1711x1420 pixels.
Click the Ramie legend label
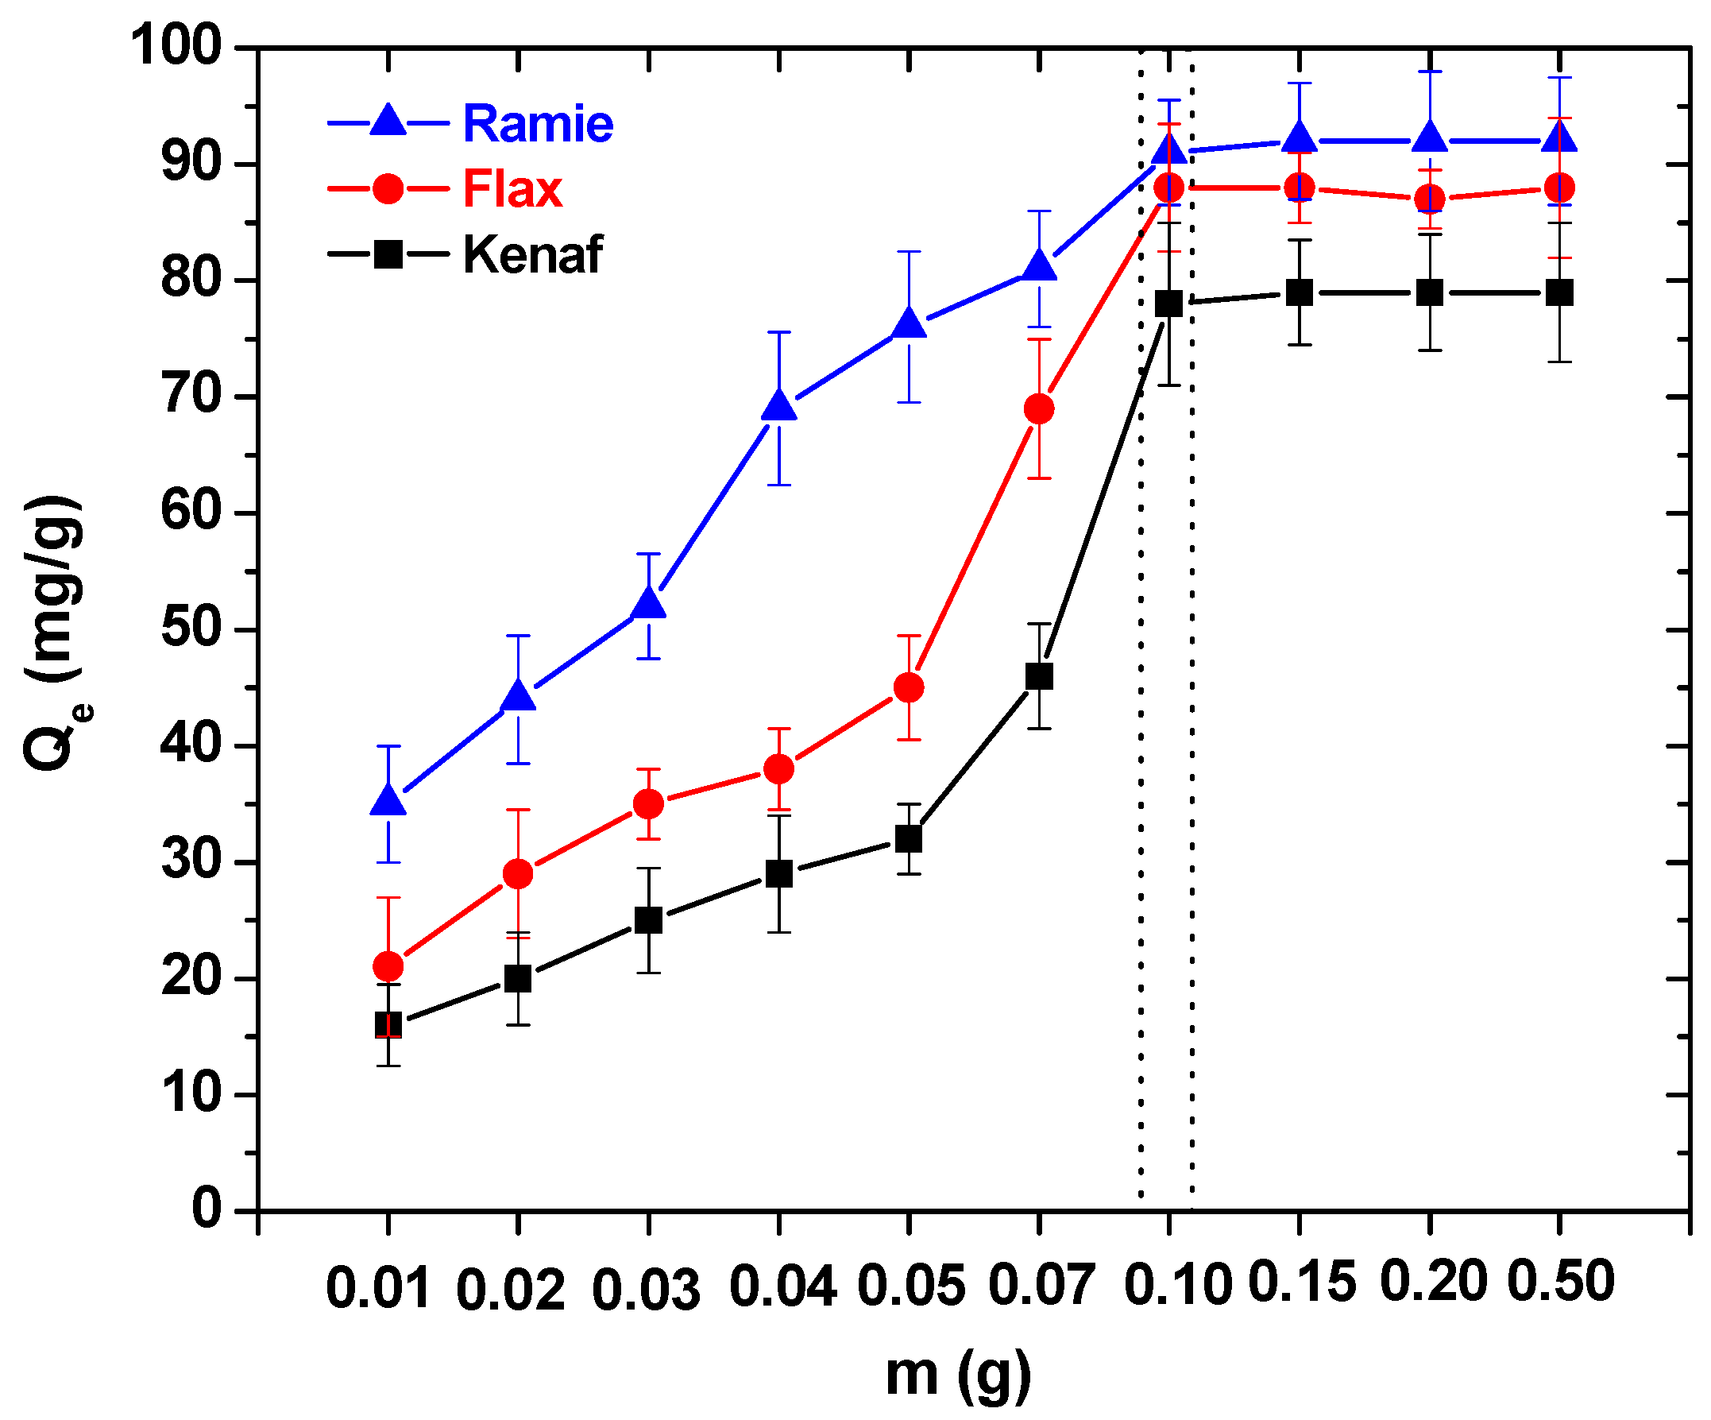tap(538, 124)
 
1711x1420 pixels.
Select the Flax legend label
tap(512, 189)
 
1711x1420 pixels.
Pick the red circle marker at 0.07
tap(1039, 408)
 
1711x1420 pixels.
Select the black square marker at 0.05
tap(909, 839)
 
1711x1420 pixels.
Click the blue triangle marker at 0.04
tap(779, 406)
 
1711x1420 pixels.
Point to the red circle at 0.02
tap(518, 874)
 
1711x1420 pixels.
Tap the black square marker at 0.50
tap(1559, 292)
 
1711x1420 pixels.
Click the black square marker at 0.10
tap(1169, 304)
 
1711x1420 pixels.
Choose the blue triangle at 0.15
tap(1300, 138)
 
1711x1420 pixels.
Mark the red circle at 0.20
tap(1430, 199)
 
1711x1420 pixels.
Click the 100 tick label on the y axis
tap(176, 45)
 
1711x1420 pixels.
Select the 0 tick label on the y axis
tap(207, 1209)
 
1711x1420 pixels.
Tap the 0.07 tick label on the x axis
tap(1040, 1286)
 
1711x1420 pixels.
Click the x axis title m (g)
tap(958, 1375)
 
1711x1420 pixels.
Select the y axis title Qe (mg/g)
tap(56, 632)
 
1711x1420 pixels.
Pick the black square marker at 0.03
tap(648, 920)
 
